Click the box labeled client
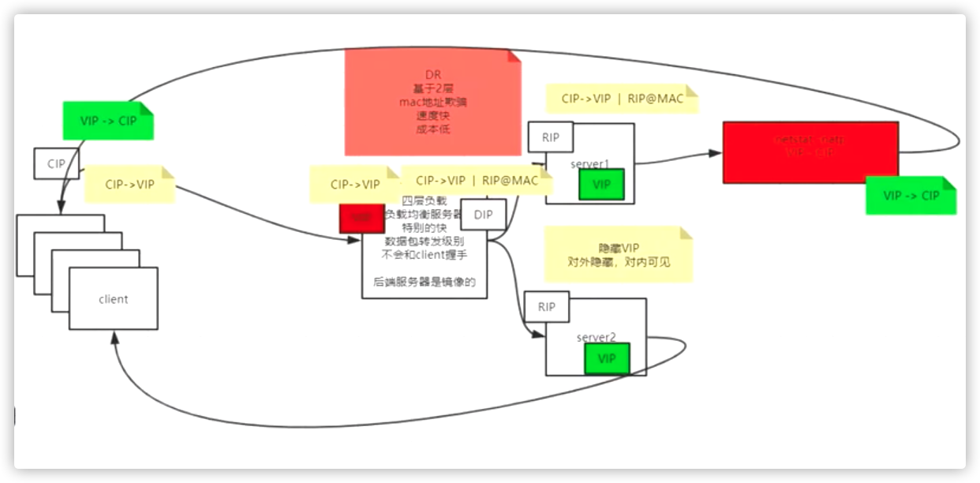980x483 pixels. click(x=113, y=299)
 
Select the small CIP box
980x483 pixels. click(x=56, y=163)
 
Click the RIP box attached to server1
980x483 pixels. click(x=550, y=137)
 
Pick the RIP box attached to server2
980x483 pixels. click(x=546, y=307)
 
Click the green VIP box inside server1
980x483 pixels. click(x=601, y=184)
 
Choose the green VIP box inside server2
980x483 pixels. click(x=606, y=358)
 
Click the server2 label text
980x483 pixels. click(x=596, y=337)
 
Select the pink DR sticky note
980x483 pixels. click(x=432, y=103)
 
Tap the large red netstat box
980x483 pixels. click(x=810, y=152)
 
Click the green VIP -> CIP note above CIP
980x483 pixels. click(x=107, y=121)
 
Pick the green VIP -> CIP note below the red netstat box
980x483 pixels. click(x=911, y=195)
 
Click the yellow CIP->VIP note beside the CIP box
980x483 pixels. click(x=129, y=184)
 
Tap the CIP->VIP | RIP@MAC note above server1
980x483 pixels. click(x=623, y=99)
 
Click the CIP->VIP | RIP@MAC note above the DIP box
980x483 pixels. click(x=477, y=181)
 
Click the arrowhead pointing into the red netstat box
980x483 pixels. click(x=716, y=152)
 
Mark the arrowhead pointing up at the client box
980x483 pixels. click(x=115, y=337)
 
